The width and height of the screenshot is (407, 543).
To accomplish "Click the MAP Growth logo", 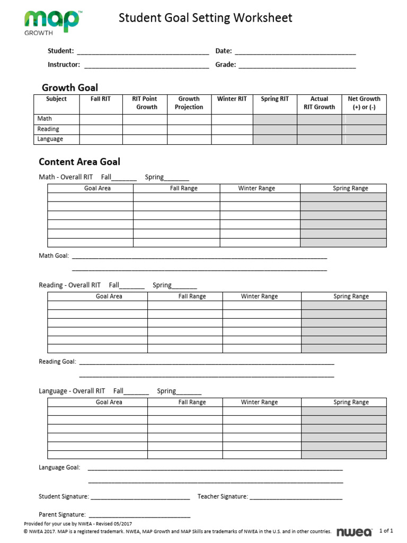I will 51,22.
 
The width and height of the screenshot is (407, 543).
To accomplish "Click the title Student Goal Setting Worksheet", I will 205,18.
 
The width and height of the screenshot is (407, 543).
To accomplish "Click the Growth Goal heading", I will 69,87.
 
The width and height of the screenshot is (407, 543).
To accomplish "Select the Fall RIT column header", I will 101,99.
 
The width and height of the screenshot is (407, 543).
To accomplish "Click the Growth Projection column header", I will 189,103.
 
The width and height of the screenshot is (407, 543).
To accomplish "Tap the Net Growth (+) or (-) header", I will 364,103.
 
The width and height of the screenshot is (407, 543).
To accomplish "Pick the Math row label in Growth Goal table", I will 45,119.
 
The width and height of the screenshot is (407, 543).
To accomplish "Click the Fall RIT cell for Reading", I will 101,129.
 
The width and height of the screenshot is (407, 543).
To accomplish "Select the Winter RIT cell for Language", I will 232,139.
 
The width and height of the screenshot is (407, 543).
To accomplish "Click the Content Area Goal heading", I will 79,162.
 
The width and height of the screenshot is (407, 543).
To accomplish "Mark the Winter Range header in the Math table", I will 256,188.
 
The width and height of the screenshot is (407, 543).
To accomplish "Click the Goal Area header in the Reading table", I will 109,296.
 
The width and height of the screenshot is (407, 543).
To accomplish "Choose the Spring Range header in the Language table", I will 351,402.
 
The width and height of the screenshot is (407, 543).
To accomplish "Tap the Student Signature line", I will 140,497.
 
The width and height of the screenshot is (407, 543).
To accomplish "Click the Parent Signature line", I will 139,515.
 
